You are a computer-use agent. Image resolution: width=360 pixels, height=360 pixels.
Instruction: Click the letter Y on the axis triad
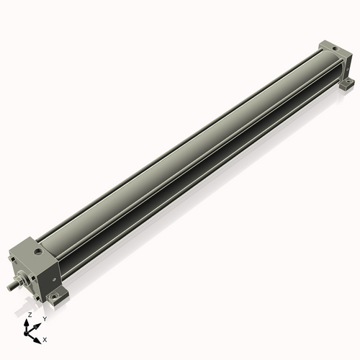tap(45, 318)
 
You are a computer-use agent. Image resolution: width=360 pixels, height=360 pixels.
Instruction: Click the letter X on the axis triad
tap(45, 338)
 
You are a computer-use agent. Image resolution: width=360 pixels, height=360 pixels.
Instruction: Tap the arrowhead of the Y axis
tap(38, 324)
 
